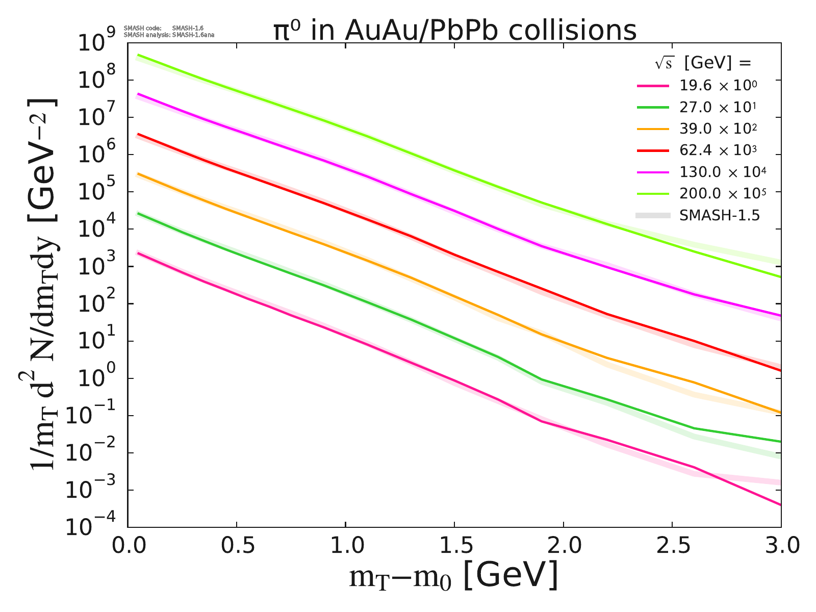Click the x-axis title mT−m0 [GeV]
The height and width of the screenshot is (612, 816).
[x=454, y=576]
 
